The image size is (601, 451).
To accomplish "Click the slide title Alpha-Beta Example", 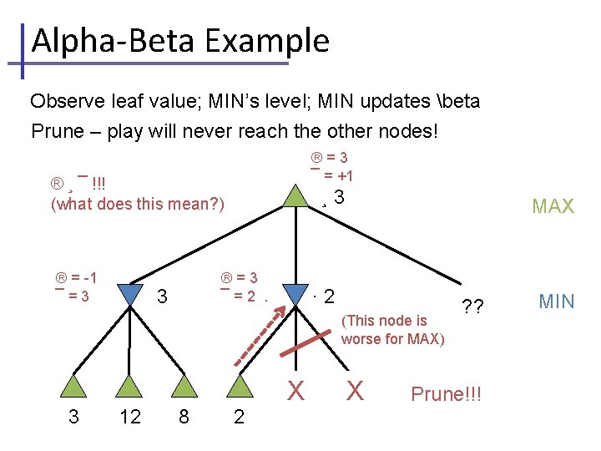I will [179, 40].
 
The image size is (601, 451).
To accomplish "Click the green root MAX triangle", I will [294, 196].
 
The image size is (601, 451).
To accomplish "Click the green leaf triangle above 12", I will [130, 385].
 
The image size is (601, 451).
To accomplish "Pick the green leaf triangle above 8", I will [184, 385].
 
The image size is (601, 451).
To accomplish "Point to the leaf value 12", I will [130, 417].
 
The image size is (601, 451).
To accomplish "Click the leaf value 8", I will [184, 417].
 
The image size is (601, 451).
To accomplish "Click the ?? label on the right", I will [472, 306].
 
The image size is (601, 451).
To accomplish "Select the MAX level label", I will [553, 206].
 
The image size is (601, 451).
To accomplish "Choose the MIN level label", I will [556, 302].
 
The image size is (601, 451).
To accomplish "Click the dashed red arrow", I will [260, 337].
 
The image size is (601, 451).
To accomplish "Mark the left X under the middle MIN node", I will [295, 390].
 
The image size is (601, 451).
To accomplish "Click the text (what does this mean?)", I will [138, 204].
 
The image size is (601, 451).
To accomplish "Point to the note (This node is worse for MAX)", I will [392, 330].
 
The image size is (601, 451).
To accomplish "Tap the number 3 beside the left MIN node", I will [163, 296].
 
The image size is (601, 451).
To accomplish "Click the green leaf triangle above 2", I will [240, 385].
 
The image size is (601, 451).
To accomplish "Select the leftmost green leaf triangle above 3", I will [74, 385].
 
